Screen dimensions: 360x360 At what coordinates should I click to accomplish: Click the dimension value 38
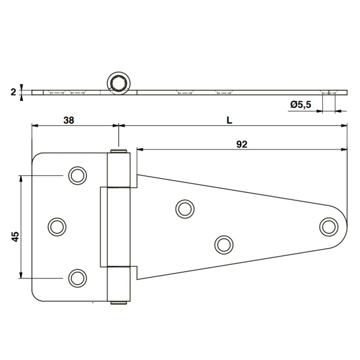click(x=68, y=119)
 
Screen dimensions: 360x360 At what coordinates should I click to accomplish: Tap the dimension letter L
click(x=229, y=119)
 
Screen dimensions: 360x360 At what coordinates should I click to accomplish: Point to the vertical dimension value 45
click(x=16, y=236)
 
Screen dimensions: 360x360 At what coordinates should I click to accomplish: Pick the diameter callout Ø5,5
click(x=299, y=104)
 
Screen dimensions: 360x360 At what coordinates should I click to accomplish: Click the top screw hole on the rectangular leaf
click(x=77, y=175)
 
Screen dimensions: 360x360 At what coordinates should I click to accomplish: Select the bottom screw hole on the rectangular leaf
click(x=77, y=277)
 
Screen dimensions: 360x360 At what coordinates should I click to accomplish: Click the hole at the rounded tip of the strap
click(x=328, y=226)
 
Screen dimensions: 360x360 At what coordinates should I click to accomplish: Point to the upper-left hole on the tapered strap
click(x=184, y=208)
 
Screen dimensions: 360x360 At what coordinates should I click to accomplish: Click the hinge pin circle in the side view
click(x=118, y=82)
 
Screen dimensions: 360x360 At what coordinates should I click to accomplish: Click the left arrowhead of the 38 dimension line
click(x=34, y=126)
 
